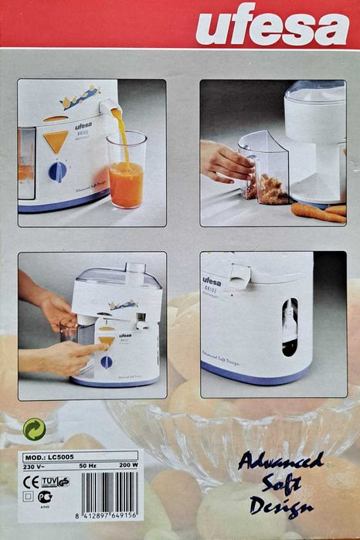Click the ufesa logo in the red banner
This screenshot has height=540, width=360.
point(271,29)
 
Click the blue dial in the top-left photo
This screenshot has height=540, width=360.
point(57,172)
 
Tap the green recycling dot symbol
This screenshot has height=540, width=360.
point(33,429)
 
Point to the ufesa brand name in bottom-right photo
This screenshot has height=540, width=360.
point(212,280)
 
